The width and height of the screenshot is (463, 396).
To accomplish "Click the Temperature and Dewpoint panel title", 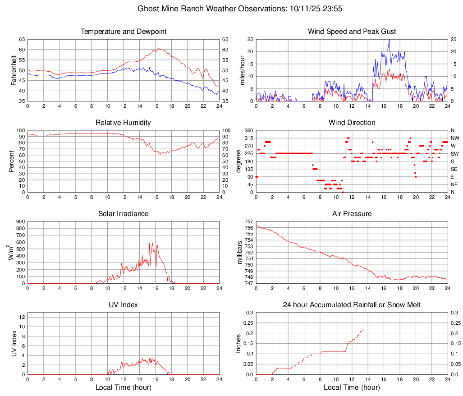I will (x=124, y=32).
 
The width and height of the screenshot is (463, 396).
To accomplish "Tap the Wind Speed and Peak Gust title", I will (x=352, y=32).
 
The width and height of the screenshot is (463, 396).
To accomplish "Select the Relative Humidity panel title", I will (x=124, y=123).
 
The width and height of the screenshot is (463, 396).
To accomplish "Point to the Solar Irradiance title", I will (x=124, y=214).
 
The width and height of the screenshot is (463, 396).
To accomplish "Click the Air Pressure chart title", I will (x=352, y=214).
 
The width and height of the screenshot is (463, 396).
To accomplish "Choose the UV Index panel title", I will (x=124, y=305).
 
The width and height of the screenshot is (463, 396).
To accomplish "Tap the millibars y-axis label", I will (x=240, y=253).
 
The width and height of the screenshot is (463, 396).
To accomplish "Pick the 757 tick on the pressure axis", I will (x=248, y=221).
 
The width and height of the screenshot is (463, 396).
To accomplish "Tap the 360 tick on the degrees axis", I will (x=248, y=130).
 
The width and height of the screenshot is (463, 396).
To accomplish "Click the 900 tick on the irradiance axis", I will (x=20, y=221).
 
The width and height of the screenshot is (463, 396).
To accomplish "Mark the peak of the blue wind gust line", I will (x=389, y=40).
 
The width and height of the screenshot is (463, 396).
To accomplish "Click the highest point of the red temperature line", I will (x=158, y=49).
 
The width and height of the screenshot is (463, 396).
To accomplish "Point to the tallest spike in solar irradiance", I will (x=152, y=242).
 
